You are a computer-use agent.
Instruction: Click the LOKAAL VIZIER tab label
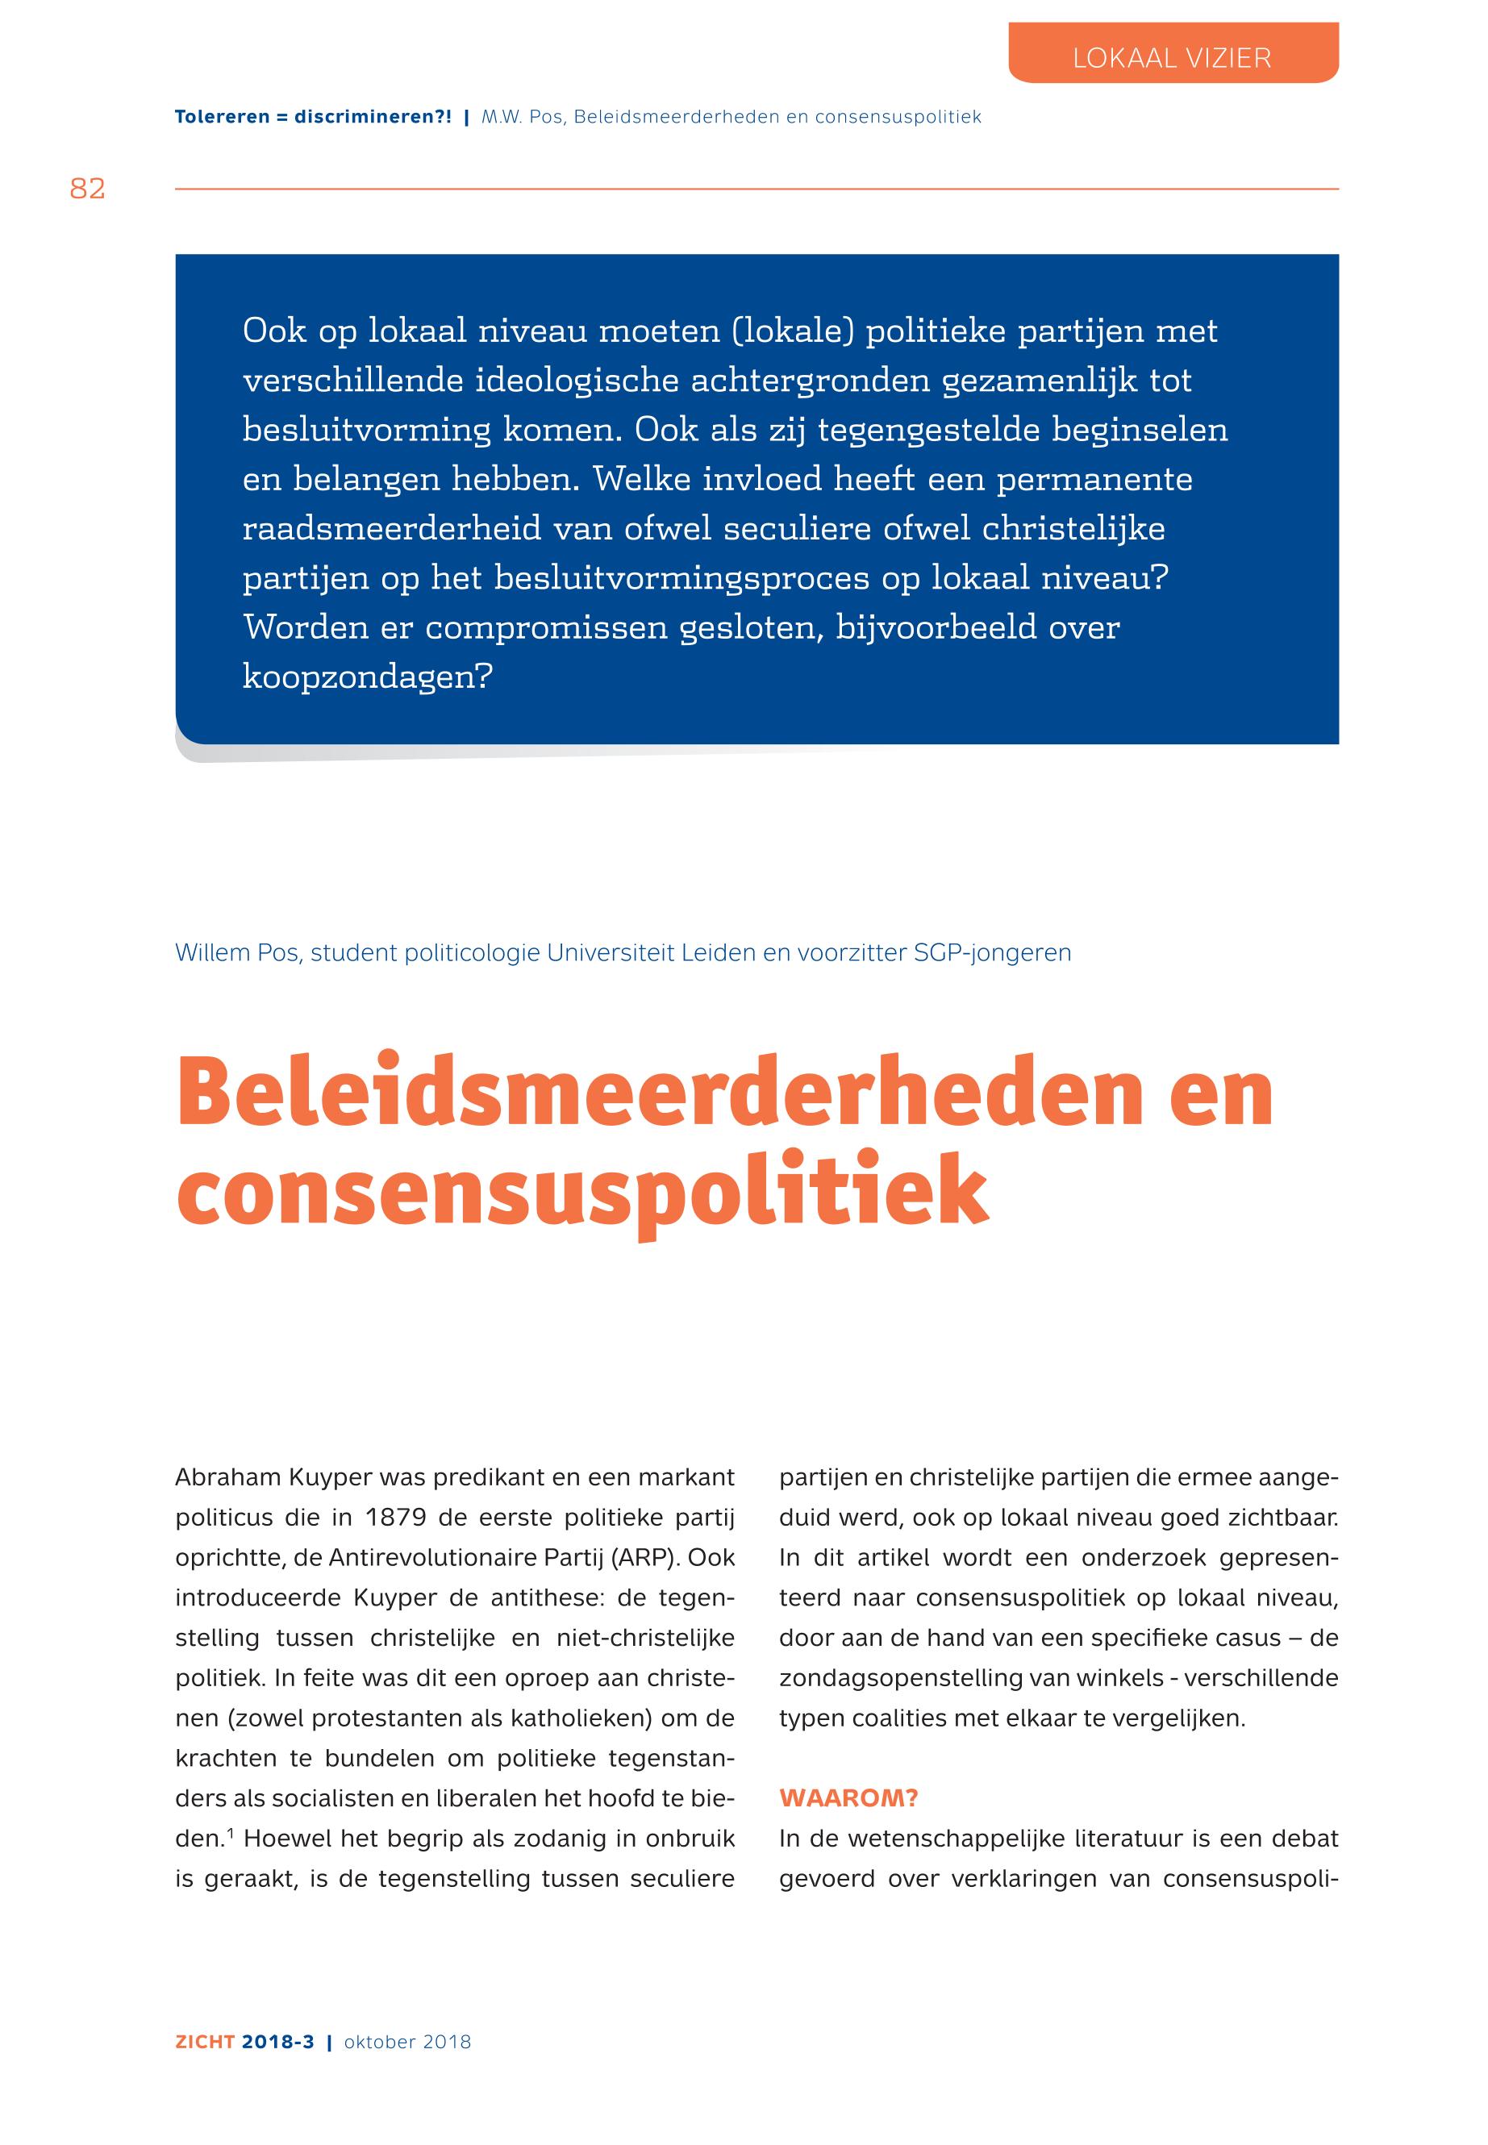click(x=1172, y=58)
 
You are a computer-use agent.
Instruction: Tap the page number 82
click(x=88, y=190)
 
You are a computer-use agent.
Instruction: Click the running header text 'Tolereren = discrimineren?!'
click(x=313, y=118)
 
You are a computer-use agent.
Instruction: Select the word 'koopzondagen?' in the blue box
click(x=367, y=676)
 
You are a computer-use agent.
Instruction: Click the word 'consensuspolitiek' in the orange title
click(x=581, y=1193)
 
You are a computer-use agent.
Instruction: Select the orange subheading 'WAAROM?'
click(x=848, y=1798)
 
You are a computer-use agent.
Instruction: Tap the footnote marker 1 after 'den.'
click(x=231, y=1835)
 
